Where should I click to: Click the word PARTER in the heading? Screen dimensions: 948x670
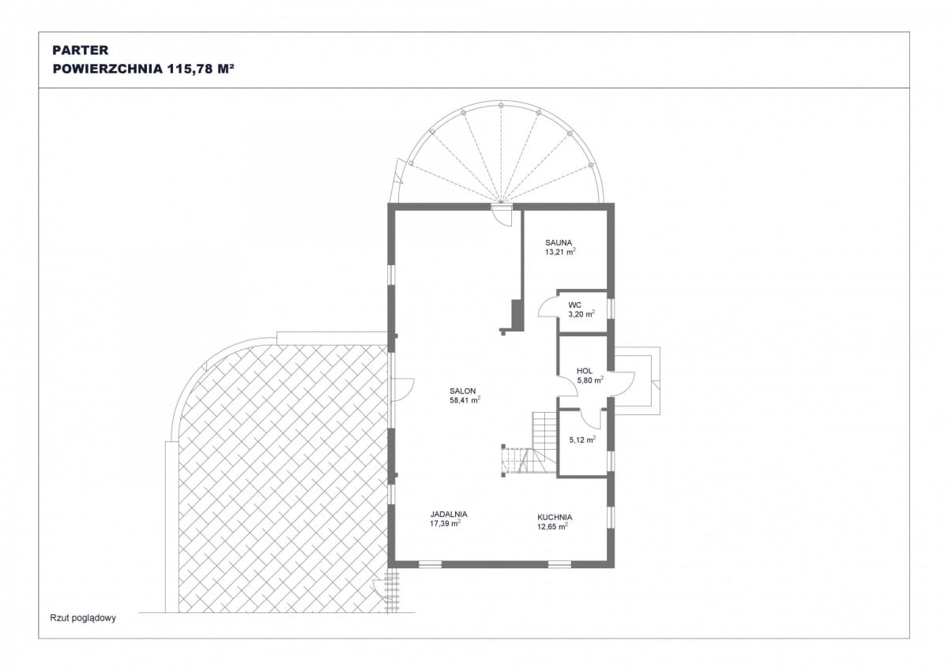[x=81, y=50]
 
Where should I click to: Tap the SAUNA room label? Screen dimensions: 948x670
[x=559, y=242]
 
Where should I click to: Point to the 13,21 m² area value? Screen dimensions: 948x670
[x=560, y=252]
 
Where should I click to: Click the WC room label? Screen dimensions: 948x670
[x=575, y=305]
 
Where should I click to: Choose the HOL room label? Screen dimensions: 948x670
[x=585, y=371]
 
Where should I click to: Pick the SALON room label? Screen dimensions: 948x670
[x=463, y=391]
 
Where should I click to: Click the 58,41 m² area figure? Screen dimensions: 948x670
[x=465, y=400]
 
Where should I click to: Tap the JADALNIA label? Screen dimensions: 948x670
[x=449, y=514]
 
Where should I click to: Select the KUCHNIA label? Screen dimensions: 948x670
[x=555, y=517]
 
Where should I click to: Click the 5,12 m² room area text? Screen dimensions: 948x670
[x=582, y=440]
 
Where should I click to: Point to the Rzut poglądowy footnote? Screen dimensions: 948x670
[x=83, y=618]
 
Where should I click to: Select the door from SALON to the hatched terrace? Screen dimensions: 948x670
[x=402, y=389]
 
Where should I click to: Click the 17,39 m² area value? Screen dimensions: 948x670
[x=446, y=523]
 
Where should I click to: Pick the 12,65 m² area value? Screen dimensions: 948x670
[x=552, y=526]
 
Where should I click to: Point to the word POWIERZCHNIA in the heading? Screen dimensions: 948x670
[x=107, y=69]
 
